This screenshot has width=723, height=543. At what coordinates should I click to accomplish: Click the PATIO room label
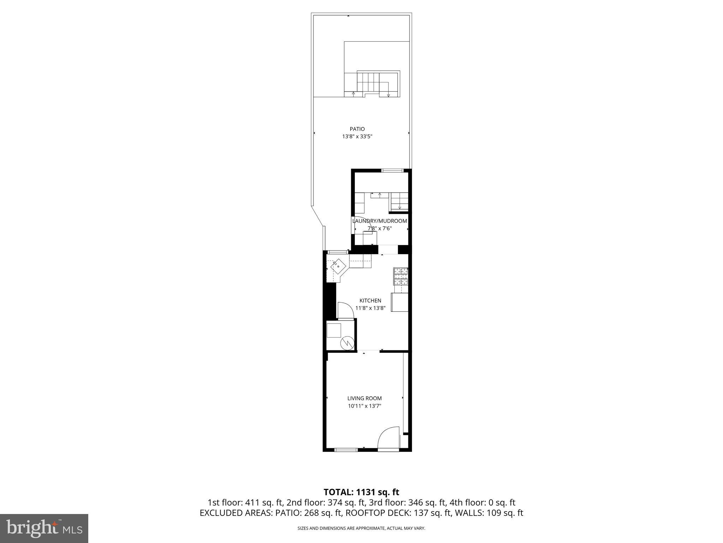pyautogui.click(x=357, y=129)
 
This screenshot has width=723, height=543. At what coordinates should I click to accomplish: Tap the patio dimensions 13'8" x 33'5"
pyautogui.click(x=357, y=136)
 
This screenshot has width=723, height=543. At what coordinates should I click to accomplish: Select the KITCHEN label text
pyautogui.click(x=370, y=301)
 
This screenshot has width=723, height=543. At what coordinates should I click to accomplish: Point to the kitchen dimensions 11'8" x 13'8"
pyautogui.click(x=370, y=308)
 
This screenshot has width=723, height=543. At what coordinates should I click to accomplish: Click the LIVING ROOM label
pyautogui.click(x=364, y=398)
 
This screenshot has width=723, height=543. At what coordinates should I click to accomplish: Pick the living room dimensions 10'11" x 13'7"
pyautogui.click(x=364, y=406)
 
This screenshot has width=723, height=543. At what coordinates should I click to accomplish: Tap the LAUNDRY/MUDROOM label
pyautogui.click(x=380, y=221)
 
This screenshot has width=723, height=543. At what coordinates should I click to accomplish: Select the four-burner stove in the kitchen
pyautogui.click(x=401, y=276)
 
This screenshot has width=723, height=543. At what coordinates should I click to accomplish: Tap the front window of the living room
pyautogui.click(x=346, y=450)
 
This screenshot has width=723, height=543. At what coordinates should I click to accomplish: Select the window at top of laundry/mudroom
pyautogui.click(x=392, y=171)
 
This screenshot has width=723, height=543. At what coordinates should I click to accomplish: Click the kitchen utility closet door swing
pyautogui.click(x=345, y=310)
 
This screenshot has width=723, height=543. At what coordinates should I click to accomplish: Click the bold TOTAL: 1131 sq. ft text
pyautogui.click(x=361, y=492)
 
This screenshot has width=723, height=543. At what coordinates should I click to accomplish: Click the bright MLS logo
pyautogui.click(x=44, y=528)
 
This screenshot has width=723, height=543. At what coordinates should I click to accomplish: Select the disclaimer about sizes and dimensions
pyautogui.click(x=361, y=529)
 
